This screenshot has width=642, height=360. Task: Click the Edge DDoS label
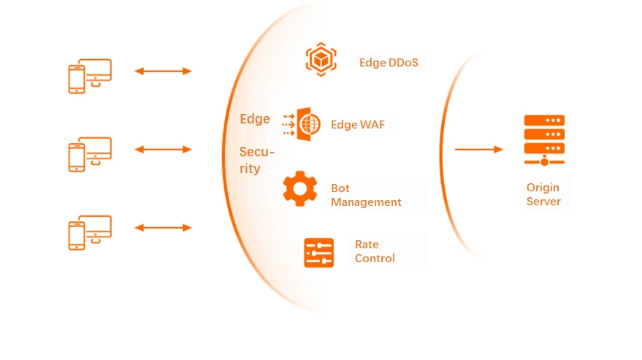[x=389, y=63]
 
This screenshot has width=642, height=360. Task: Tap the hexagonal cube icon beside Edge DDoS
[x=321, y=59]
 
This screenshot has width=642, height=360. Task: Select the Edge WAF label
[x=357, y=124]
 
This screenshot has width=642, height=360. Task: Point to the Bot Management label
[x=366, y=195]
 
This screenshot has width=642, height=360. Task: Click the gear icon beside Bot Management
[x=299, y=189]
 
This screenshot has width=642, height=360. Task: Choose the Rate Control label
[x=375, y=251]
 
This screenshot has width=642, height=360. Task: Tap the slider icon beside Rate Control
[x=318, y=253]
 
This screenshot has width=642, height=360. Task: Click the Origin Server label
[x=543, y=194]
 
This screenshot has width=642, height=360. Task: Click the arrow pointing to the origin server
[x=478, y=150]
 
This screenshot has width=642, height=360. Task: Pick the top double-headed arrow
[x=163, y=71]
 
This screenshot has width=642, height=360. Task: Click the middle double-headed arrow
[x=163, y=150]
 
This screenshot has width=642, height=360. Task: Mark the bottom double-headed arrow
[x=163, y=228]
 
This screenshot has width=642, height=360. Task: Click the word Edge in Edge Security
[x=255, y=119]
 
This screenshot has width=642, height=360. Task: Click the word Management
[x=366, y=202]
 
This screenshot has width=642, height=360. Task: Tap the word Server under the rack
[x=543, y=202]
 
